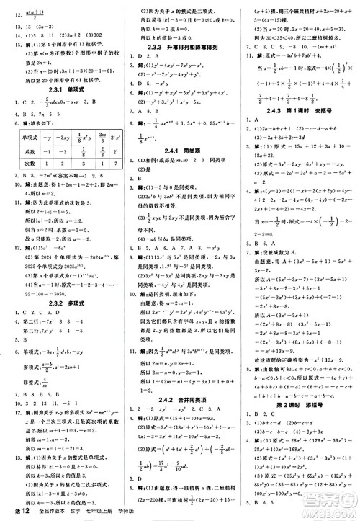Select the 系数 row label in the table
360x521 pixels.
pos(30,151)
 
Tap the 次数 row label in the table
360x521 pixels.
pos(30,164)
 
